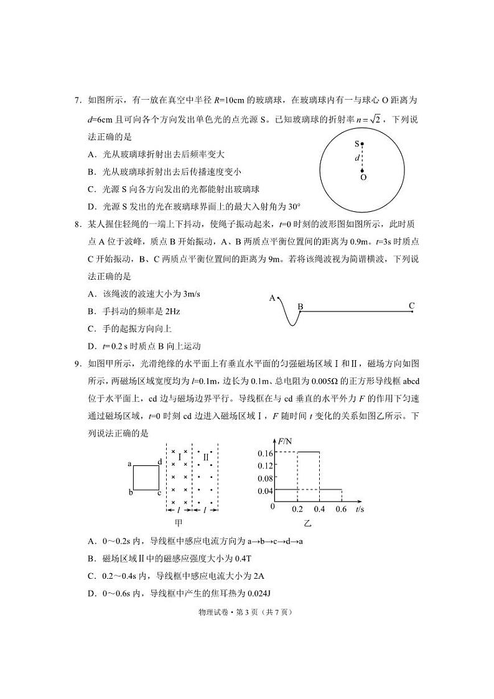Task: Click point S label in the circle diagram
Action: pyautogui.click(x=357, y=143)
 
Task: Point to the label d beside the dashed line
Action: pyautogui.click(x=357, y=158)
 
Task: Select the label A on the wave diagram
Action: pyautogui.click(x=272, y=298)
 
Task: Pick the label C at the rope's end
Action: pyautogui.click(x=411, y=305)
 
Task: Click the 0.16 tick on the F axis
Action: pyautogui.click(x=266, y=452)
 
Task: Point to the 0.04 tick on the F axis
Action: pyautogui.click(x=266, y=490)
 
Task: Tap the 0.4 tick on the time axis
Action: pyautogui.click(x=320, y=510)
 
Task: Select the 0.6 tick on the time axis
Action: pyautogui.click(x=341, y=510)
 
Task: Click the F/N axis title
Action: pyautogui.click(x=287, y=442)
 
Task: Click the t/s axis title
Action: pyautogui.click(x=360, y=510)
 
